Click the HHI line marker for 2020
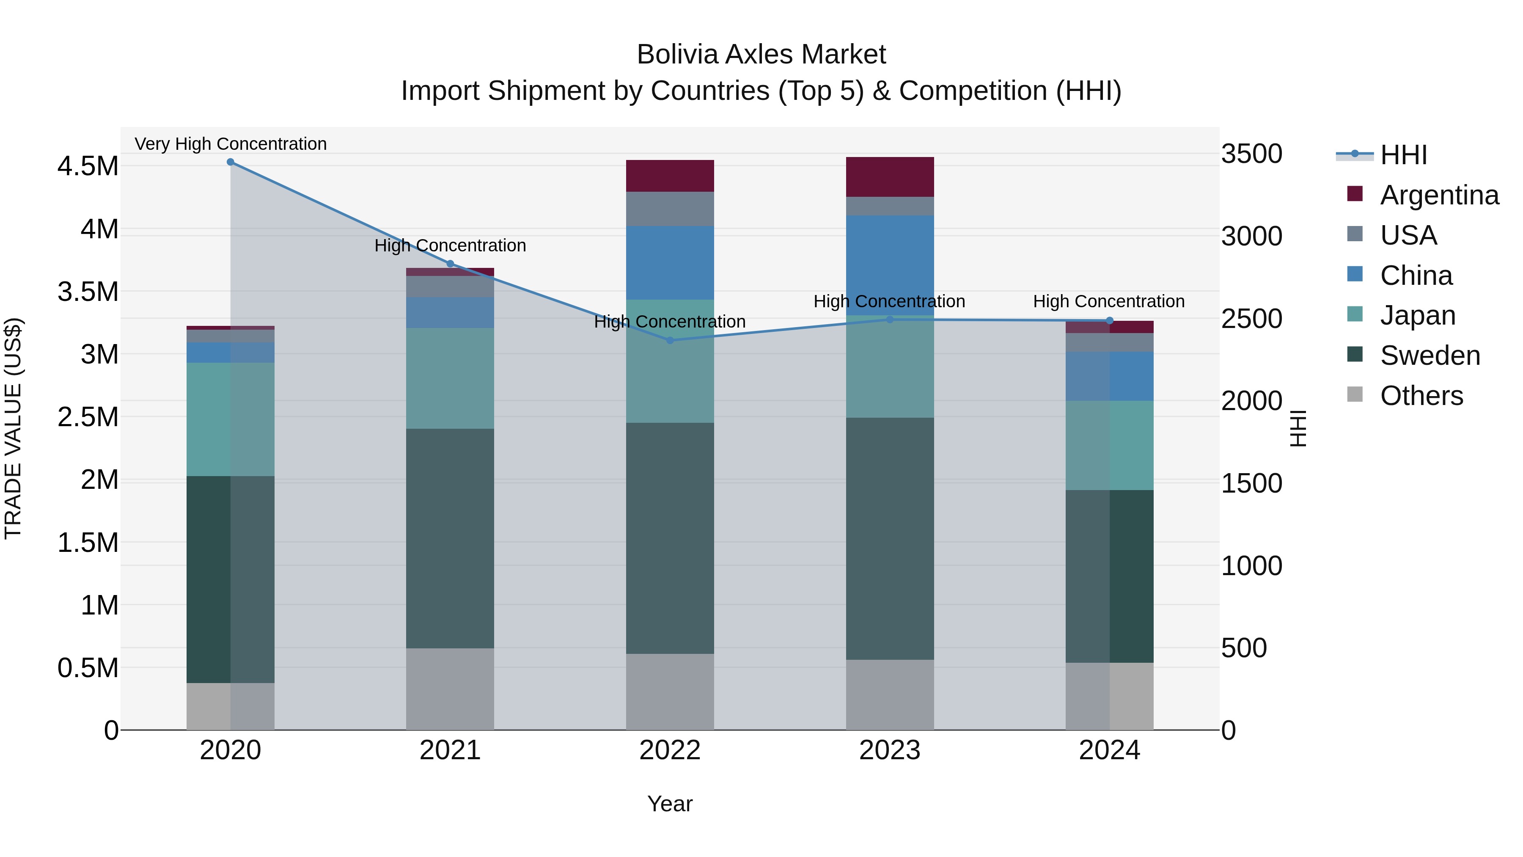(x=231, y=162)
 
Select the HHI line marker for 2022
(x=670, y=340)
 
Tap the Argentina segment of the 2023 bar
(x=890, y=177)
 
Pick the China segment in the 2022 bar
(x=670, y=262)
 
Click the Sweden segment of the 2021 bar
(x=450, y=538)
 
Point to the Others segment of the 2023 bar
(x=890, y=694)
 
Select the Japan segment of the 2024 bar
(x=1109, y=445)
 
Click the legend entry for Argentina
(x=1439, y=195)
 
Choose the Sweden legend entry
(x=1430, y=355)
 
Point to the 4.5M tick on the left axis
(x=88, y=166)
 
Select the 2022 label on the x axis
(x=670, y=750)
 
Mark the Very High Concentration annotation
(x=231, y=144)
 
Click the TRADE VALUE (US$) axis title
(x=13, y=428)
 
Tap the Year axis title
(x=670, y=804)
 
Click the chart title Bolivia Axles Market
(x=761, y=55)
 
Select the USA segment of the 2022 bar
(x=670, y=209)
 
